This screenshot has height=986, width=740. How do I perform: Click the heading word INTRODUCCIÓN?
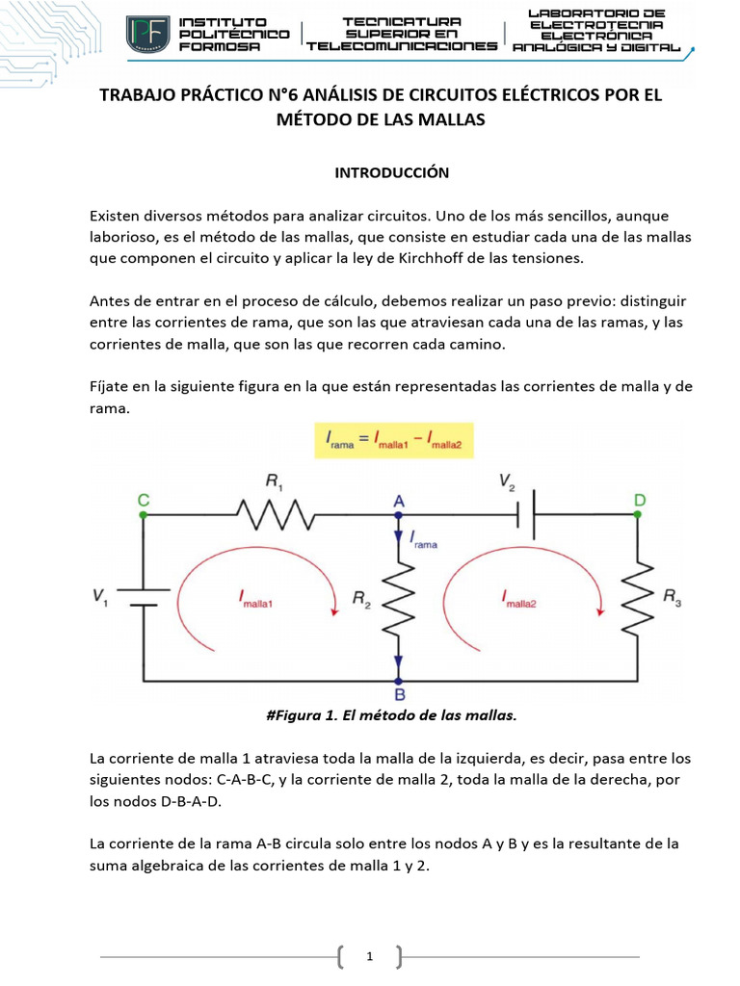[x=379, y=172]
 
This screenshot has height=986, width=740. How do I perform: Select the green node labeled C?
[x=144, y=515]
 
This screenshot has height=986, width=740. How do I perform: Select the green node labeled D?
[x=637, y=515]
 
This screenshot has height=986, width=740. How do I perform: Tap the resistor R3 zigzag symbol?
[x=637, y=598]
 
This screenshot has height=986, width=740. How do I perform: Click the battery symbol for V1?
[x=144, y=597]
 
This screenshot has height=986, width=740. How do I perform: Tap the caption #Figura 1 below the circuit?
[x=390, y=714]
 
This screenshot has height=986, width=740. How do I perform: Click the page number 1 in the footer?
[x=370, y=956]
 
